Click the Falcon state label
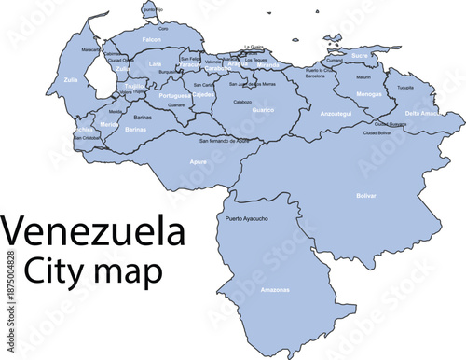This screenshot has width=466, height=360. (x=151, y=40)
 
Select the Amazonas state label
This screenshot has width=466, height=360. (x=275, y=290)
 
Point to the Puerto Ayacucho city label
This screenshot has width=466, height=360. (x=247, y=219)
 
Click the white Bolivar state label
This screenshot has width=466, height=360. (x=366, y=196)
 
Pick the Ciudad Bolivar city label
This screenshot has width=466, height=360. (x=377, y=132)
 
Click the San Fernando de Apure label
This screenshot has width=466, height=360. (x=224, y=140)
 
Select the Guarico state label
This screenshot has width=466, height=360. (x=263, y=110)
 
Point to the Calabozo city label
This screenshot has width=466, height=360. (x=242, y=101)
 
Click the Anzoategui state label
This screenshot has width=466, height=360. (x=335, y=113)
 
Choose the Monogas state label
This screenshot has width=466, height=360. (x=369, y=94)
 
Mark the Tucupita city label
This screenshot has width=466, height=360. (x=404, y=88)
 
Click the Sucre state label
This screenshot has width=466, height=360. (x=361, y=56)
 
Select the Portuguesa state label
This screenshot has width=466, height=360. (x=174, y=95)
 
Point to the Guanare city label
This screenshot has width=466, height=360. (x=176, y=105)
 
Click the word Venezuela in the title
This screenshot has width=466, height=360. (x=90, y=232)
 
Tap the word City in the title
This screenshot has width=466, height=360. (x=56, y=271)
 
